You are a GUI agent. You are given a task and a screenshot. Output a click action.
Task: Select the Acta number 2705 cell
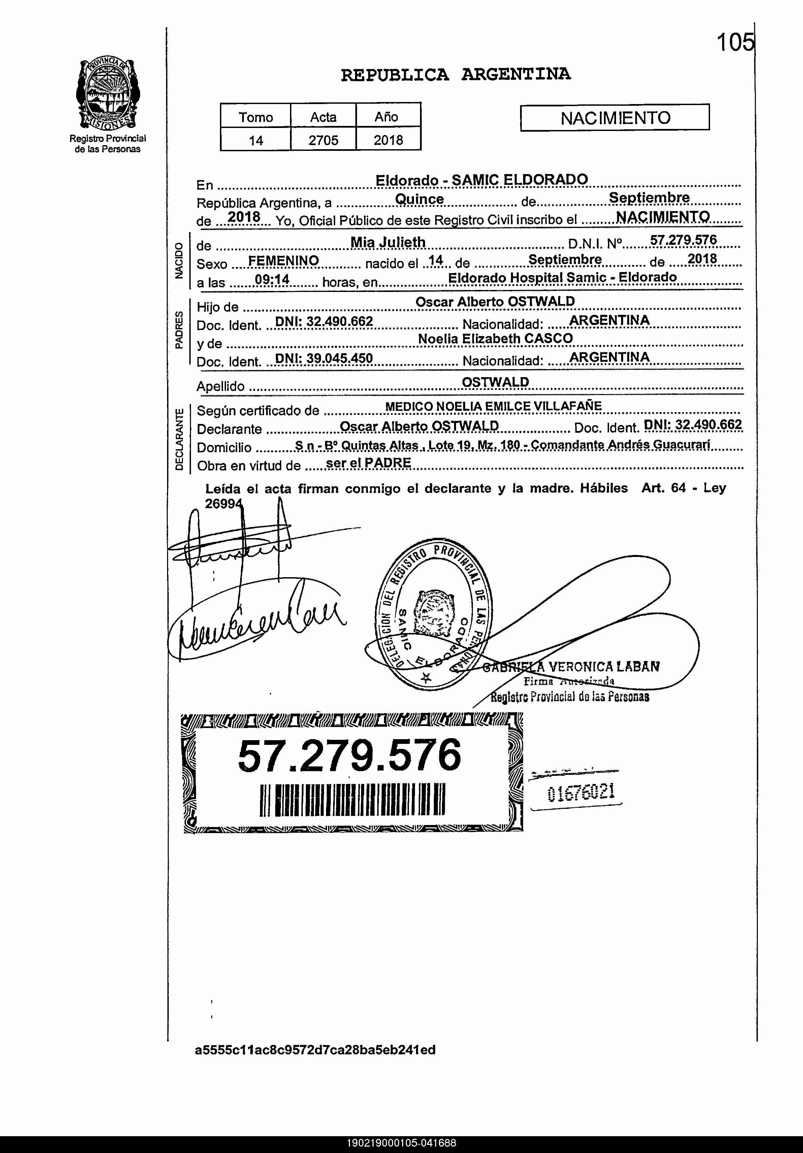click(323, 140)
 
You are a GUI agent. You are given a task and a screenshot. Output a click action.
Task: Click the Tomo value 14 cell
click(256, 140)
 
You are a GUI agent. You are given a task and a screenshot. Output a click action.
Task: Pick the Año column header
click(386, 117)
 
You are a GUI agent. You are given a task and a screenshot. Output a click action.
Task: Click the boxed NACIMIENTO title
click(615, 118)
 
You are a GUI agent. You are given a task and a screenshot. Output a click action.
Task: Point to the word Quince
click(419, 199)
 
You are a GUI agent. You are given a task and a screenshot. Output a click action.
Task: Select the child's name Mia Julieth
click(388, 242)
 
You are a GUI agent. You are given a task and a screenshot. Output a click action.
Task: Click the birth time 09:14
click(272, 279)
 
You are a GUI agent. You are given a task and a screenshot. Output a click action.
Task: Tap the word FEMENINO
click(283, 261)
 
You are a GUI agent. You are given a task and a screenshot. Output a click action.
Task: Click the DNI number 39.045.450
click(324, 358)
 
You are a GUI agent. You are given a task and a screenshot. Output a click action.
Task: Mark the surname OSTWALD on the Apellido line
click(495, 382)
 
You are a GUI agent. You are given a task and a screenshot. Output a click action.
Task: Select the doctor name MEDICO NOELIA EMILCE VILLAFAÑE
click(493, 406)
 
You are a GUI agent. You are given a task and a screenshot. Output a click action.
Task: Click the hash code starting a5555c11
click(315, 1050)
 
